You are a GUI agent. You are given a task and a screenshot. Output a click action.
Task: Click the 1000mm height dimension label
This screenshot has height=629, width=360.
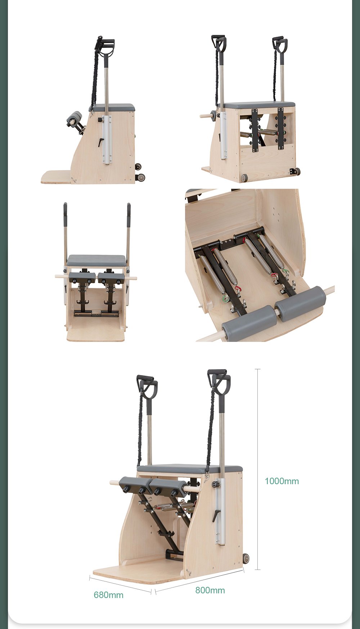click(x=282, y=481)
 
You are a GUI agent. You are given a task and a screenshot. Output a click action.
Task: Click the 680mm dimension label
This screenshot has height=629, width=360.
click(x=108, y=595)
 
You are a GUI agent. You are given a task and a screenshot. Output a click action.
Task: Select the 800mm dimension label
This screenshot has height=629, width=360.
click(x=210, y=590)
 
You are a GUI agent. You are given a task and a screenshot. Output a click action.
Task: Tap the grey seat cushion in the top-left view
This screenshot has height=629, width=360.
click(x=112, y=108)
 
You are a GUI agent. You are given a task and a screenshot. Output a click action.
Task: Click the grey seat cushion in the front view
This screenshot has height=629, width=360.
click(x=96, y=260)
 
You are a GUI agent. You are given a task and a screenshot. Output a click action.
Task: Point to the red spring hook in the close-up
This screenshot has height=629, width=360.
click(x=238, y=289)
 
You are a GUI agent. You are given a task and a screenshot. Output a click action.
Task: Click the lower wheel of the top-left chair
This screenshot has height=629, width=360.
click(x=140, y=177)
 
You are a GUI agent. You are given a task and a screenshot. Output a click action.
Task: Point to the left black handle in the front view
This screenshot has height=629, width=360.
click(x=65, y=214)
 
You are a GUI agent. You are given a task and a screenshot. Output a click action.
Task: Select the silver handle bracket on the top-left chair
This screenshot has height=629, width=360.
click(x=107, y=140)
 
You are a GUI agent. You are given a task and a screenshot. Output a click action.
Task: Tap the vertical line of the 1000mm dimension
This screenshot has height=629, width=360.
click(x=257, y=469)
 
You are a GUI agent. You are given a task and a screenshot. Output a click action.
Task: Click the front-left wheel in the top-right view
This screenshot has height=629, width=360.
click(x=244, y=178)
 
